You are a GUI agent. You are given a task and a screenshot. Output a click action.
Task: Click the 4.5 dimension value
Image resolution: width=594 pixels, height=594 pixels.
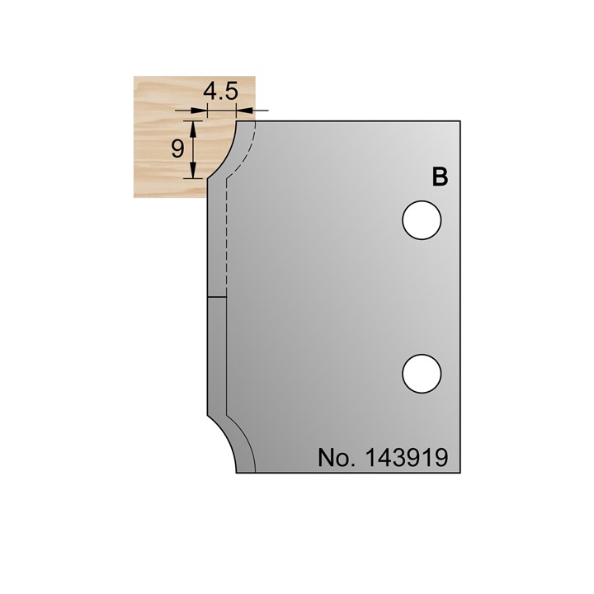pyautogui.click(x=220, y=92)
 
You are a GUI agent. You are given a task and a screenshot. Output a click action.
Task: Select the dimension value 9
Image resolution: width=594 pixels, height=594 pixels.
pyautogui.click(x=177, y=148)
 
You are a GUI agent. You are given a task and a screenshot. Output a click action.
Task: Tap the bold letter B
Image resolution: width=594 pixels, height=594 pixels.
pyautogui.click(x=440, y=177)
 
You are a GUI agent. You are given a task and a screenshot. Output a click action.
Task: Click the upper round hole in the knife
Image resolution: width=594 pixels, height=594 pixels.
pyautogui.click(x=422, y=220)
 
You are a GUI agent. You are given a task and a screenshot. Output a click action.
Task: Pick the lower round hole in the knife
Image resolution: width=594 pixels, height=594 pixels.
pyautogui.click(x=422, y=373)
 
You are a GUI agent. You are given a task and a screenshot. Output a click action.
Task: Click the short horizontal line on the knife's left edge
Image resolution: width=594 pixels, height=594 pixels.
pyautogui.click(x=214, y=295)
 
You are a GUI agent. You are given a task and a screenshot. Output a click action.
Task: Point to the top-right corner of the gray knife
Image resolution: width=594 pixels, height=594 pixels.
pyautogui.click(x=460, y=120)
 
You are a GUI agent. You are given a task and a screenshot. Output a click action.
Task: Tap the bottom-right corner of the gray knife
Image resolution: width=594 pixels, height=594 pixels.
pyautogui.click(x=460, y=473)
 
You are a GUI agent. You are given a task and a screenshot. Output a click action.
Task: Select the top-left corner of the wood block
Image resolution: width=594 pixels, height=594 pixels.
pyautogui.click(x=135, y=76)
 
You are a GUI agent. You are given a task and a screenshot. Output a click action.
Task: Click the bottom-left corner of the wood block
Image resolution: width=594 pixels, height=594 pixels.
pyautogui.click(x=135, y=198)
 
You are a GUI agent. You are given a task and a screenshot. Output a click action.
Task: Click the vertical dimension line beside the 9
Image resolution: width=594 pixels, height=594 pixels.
pyautogui.click(x=194, y=148)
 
